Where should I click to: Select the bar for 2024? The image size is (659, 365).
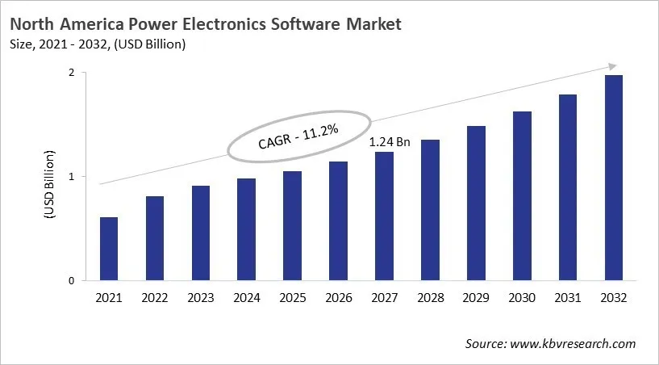tap(247, 229)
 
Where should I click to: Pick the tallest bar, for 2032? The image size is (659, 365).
tap(614, 178)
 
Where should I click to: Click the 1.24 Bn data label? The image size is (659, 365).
tap(390, 142)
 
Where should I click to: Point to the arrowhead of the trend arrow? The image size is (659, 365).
tap(613, 65)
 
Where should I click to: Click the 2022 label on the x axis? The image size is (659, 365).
tap(155, 299)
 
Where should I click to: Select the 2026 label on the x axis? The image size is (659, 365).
tap(339, 299)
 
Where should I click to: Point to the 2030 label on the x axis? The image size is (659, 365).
tap(522, 299)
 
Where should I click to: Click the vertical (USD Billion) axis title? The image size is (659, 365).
tap(49, 184)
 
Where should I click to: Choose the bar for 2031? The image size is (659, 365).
tap(568, 187)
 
